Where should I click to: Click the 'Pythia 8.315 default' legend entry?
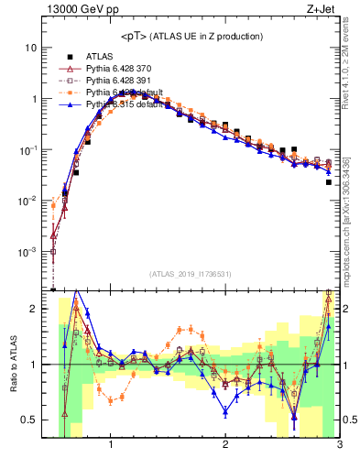click(x=127, y=104)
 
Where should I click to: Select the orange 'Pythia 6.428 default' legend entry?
click(x=127, y=93)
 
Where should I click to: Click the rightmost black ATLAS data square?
click(x=329, y=181)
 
